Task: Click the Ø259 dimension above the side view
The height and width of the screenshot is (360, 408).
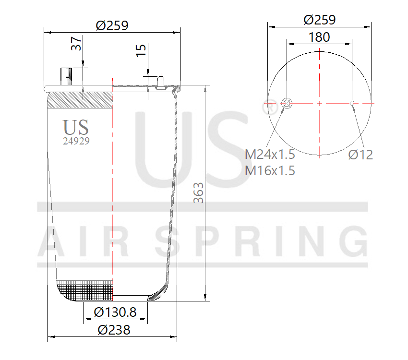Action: click(x=112, y=25)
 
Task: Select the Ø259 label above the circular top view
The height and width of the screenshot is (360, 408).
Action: click(x=320, y=20)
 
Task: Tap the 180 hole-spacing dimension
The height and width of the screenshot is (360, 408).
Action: click(x=319, y=37)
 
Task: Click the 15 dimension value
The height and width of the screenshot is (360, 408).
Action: click(x=141, y=50)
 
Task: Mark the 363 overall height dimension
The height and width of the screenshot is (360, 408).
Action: click(x=198, y=192)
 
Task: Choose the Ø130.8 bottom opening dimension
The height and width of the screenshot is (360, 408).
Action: click(x=115, y=312)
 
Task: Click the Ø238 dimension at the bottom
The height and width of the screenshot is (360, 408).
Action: click(x=114, y=330)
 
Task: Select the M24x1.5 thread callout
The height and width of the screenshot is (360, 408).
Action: click(x=270, y=155)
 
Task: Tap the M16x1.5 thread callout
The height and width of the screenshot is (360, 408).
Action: click(x=270, y=170)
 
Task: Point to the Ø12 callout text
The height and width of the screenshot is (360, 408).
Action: click(x=360, y=155)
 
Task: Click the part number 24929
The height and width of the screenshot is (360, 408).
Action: click(x=76, y=141)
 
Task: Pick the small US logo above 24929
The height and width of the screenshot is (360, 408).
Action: click(x=76, y=127)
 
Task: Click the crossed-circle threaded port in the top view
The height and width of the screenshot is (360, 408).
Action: click(x=287, y=103)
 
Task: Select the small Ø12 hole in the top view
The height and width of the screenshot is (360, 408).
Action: click(x=352, y=103)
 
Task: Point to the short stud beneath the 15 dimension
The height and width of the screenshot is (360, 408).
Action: click(x=160, y=84)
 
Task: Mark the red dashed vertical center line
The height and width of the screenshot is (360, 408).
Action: click(x=112, y=192)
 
